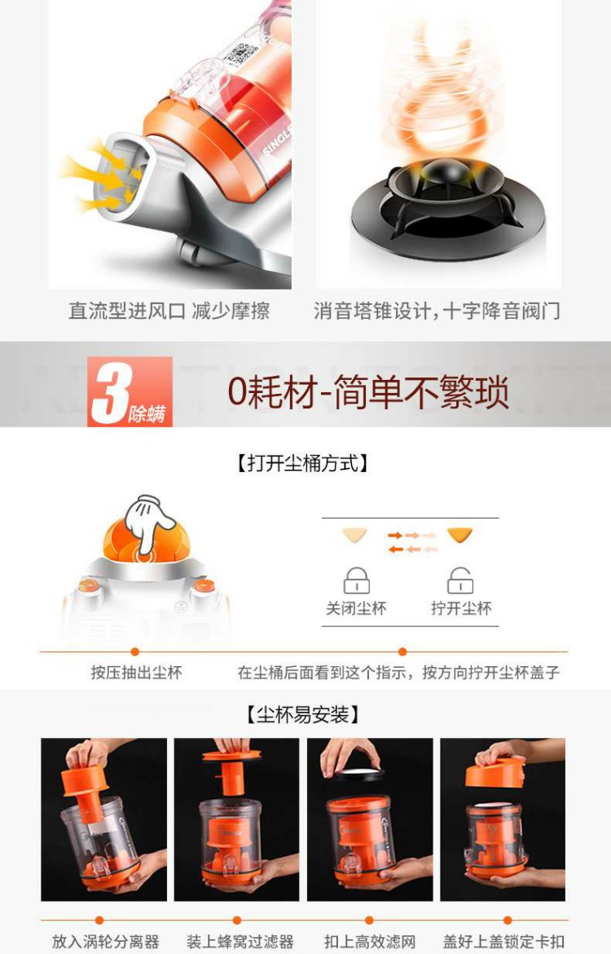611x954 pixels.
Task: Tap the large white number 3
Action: click(x=110, y=392)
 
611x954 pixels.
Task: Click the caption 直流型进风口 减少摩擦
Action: click(x=169, y=311)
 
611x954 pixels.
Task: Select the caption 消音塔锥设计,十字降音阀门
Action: click(x=437, y=311)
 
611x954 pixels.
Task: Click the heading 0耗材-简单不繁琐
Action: click(x=368, y=392)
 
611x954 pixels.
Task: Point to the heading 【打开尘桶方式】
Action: click(x=302, y=464)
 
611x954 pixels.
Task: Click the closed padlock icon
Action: click(x=356, y=581)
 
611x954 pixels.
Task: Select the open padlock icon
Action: click(x=460, y=581)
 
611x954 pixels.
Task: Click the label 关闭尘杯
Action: click(x=356, y=608)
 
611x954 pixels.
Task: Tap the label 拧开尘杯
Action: click(x=461, y=608)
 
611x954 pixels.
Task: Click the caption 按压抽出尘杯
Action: click(x=136, y=673)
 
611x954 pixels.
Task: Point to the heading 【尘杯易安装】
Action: click(x=302, y=714)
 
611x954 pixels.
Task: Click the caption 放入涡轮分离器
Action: click(x=105, y=942)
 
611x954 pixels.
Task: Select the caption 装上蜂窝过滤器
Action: click(x=240, y=942)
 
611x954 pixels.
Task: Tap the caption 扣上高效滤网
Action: click(x=370, y=942)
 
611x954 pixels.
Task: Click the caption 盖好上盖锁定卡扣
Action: click(x=503, y=942)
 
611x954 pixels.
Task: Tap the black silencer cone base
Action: click(x=448, y=207)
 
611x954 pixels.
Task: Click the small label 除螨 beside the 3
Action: click(x=147, y=414)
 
